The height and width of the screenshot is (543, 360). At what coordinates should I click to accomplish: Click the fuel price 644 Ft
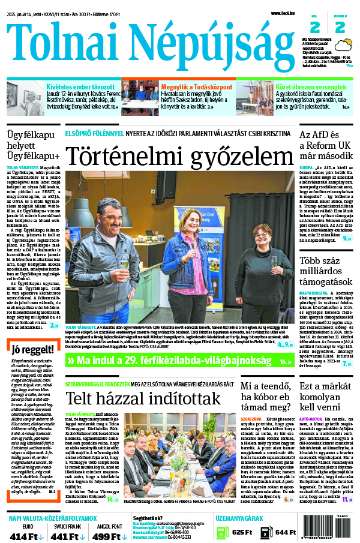[284, 532]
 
